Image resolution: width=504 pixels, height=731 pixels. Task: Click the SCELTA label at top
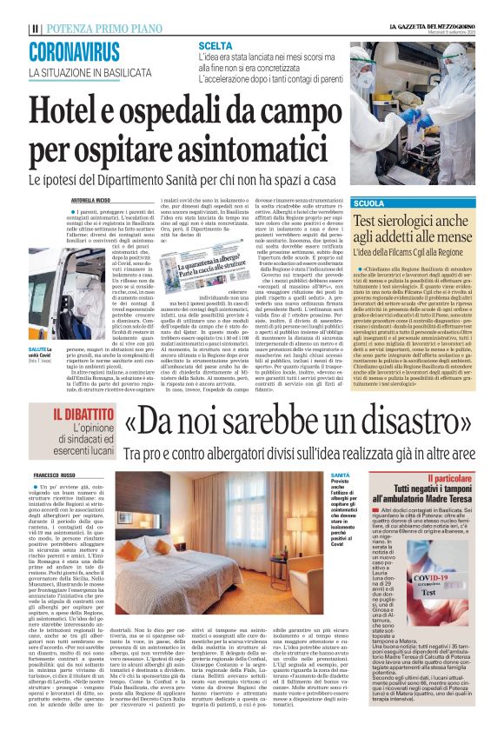tap(215, 44)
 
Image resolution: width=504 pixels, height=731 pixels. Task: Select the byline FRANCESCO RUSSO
tap(56, 476)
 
